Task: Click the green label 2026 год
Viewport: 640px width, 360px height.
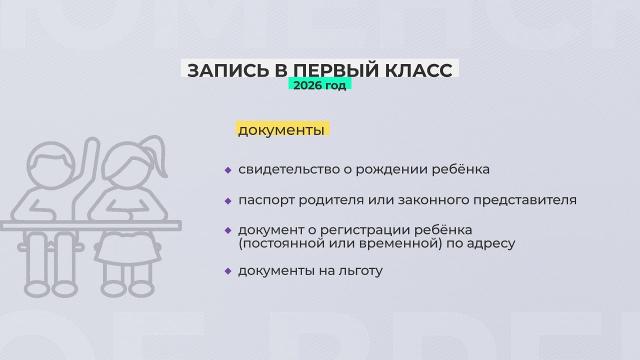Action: (319, 85)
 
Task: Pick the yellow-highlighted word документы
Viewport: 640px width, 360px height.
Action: (281, 130)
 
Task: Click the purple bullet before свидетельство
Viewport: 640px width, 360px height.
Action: (228, 170)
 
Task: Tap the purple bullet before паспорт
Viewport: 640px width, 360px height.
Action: (228, 201)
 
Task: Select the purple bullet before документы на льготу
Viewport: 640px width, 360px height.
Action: (228, 271)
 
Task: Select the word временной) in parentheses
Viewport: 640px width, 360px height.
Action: (407, 244)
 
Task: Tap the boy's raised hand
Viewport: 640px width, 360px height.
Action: (90, 150)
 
